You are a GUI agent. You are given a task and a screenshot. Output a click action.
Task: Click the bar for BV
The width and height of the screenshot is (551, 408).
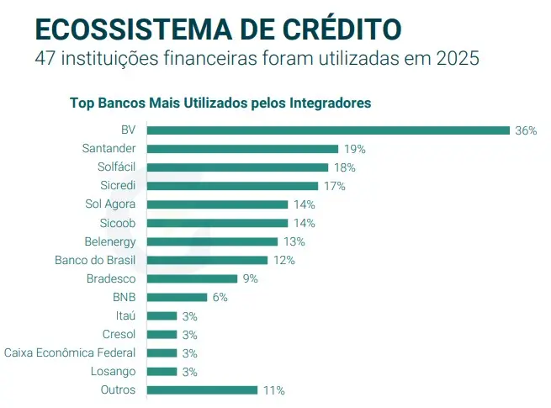coord(328,130)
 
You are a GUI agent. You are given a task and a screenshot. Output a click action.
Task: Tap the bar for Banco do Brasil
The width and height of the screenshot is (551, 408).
coord(207,260)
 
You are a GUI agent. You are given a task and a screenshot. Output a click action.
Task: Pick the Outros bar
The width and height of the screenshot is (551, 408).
coord(202,389)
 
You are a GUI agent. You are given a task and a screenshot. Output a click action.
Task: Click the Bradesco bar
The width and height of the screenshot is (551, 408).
coord(192,278)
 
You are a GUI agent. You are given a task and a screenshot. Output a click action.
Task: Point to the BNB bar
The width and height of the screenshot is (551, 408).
coord(177,297)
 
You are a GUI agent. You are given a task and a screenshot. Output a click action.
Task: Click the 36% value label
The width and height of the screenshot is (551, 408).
coord(526,130)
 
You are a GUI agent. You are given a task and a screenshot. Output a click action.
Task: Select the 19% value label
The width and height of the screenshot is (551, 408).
coord(354,149)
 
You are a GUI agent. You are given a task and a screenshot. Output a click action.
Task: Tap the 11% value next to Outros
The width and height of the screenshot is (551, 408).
coord(273,390)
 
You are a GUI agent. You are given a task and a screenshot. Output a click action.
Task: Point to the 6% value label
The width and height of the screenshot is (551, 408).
coord(220,297)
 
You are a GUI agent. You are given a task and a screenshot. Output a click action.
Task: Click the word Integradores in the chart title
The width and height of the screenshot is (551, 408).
coord(331,103)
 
